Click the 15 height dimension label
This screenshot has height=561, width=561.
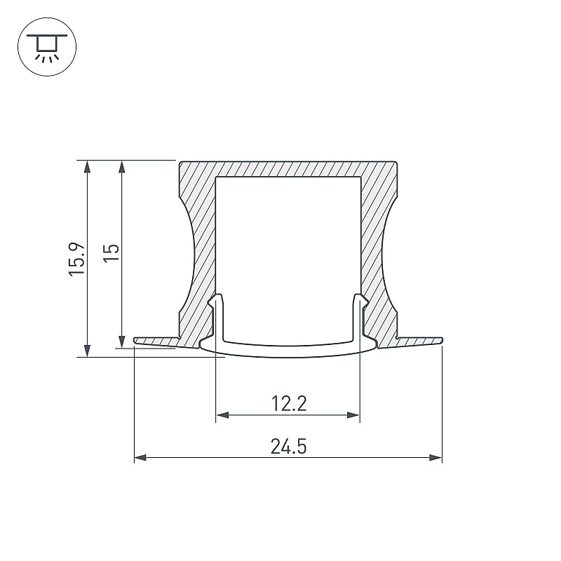111,253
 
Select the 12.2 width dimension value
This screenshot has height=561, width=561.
289,404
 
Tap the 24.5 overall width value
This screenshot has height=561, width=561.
288,447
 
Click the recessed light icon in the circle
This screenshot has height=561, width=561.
47,47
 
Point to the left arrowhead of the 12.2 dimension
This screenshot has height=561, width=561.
222,415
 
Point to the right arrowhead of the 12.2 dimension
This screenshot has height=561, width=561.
353,415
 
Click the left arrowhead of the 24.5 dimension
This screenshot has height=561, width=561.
140,458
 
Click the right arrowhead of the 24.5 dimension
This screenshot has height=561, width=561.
435,458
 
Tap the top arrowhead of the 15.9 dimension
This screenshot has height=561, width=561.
87,167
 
